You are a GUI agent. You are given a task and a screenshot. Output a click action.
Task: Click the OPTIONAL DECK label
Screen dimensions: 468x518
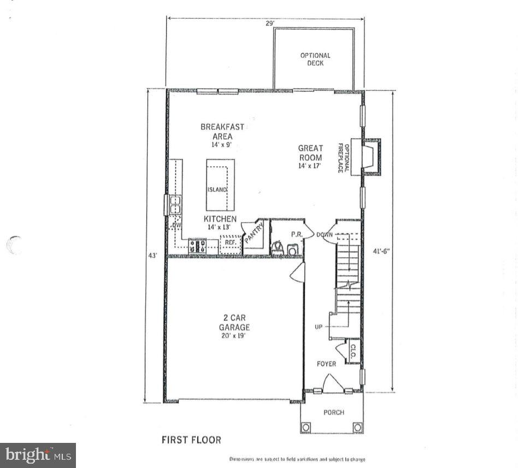[x=315, y=59]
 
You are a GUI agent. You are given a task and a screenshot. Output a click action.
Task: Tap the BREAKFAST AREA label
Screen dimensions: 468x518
[x=222, y=132]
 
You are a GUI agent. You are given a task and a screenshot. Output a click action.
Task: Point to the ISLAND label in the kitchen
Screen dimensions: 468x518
[x=216, y=189]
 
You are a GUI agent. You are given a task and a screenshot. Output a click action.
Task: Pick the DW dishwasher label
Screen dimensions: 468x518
[x=176, y=225]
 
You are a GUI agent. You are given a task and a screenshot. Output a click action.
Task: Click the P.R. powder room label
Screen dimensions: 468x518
[x=297, y=234]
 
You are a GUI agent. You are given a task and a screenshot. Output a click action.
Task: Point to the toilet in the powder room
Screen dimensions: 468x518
[x=277, y=248]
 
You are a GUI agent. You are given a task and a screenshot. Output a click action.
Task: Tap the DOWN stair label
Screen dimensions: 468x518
[x=325, y=235]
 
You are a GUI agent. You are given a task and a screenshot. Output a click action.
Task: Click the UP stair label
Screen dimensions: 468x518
[x=319, y=327]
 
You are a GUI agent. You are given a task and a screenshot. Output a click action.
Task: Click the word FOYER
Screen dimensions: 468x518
[x=327, y=364]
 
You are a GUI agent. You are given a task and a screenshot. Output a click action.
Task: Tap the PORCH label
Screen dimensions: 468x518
[x=333, y=412]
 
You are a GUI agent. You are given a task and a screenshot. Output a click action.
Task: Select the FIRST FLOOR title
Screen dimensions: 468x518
[x=191, y=440]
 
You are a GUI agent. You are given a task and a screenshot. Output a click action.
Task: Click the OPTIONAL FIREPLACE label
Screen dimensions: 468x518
[x=343, y=158]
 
